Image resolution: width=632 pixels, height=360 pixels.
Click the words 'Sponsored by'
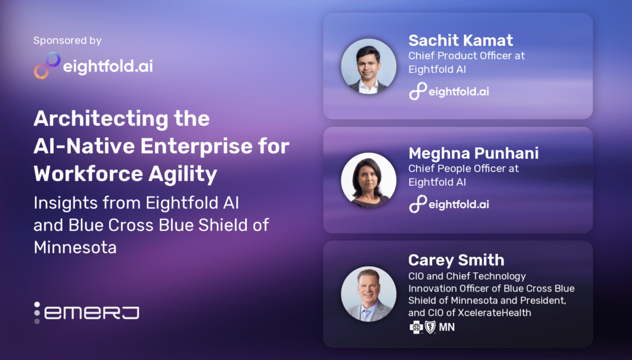click(x=67, y=40)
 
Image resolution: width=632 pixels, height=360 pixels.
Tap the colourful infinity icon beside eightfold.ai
click(x=47, y=65)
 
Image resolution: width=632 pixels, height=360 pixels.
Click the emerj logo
click(x=86, y=313)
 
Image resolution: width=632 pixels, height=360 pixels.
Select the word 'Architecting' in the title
click(x=101, y=120)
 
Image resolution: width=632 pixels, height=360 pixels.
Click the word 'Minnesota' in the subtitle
click(x=75, y=247)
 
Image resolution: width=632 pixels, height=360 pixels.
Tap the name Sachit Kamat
click(x=460, y=40)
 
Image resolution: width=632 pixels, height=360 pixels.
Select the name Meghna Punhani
click(x=473, y=153)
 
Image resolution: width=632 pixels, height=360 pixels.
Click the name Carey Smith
click(x=456, y=260)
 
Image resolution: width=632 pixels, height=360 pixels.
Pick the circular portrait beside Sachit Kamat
click(x=369, y=67)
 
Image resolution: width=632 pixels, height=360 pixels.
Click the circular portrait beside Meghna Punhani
click(x=369, y=180)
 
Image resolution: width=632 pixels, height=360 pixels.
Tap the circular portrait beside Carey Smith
click(x=369, y=293)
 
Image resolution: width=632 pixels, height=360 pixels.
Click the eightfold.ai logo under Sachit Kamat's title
click(x=449, y=91)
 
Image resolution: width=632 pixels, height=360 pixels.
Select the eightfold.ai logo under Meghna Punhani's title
click(x=449, y=204)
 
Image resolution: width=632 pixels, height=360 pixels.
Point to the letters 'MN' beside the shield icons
click(x=447, y=327)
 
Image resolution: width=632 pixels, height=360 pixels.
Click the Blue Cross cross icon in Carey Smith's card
click(x=416, y=327)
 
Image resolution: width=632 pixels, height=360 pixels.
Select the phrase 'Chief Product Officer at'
click(x=467, y=56)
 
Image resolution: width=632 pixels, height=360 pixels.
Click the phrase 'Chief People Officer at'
click(x=464, y=169)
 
